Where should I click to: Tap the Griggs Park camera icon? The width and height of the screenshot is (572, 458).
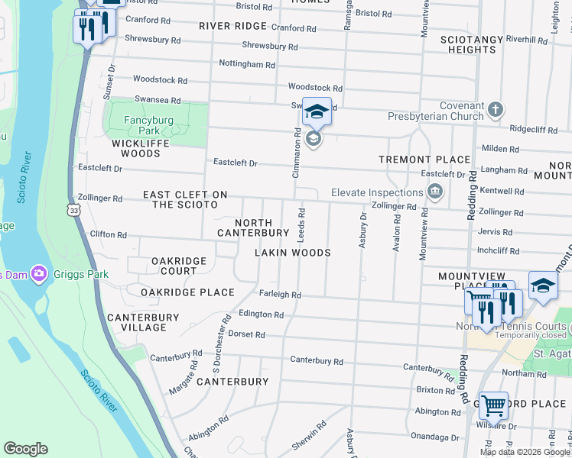click(39, 274)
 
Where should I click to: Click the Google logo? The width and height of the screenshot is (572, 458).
click(26, 449)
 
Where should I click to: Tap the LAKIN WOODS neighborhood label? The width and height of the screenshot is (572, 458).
click(293, 253)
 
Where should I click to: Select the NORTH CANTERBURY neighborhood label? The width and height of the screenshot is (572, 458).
click(253, 227)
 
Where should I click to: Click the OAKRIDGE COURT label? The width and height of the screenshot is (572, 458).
click(179, 266)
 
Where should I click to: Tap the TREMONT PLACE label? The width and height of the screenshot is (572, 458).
click(424, 160)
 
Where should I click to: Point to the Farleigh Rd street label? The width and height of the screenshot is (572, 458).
click(281, 295)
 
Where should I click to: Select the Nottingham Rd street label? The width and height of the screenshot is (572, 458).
click(246, 64)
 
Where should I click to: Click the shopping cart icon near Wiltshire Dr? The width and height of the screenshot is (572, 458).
click(493, 405)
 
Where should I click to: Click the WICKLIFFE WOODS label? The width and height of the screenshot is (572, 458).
click(136, 148)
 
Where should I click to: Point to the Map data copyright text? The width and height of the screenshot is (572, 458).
click(524, 452)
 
